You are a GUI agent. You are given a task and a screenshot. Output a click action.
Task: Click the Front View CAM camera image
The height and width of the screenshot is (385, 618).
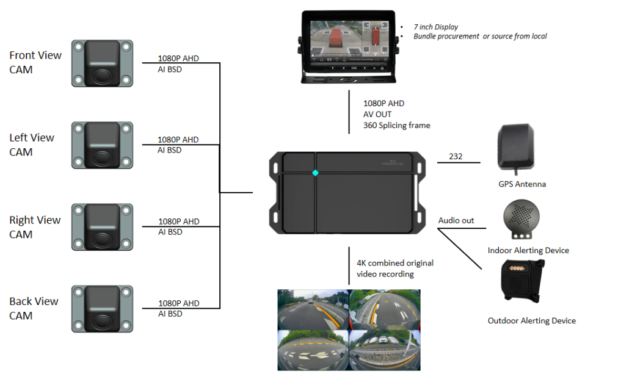point(102,63)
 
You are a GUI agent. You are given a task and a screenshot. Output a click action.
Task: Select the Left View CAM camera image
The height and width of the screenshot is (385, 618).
point(102,145)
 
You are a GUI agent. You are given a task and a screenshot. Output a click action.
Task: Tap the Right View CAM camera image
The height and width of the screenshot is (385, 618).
point(102,227)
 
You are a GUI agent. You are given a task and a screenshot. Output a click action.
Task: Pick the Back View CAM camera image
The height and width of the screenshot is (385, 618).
point(102,309)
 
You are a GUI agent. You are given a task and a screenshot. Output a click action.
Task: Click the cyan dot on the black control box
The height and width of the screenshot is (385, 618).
point(315,173)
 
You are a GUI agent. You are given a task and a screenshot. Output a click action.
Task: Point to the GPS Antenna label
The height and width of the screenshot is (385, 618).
point(518,184)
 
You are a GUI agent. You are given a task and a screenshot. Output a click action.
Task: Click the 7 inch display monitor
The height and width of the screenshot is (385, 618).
point(348,46)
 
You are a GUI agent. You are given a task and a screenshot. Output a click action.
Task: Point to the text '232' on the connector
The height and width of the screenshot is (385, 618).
point(456,157)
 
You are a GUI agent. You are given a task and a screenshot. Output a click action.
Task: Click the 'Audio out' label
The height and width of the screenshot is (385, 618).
point(456,220)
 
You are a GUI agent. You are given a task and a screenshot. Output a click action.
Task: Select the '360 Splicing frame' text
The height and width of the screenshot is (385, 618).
point(396,126)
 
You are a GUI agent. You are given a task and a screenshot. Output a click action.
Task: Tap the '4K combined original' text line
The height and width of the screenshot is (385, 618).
point(395,263)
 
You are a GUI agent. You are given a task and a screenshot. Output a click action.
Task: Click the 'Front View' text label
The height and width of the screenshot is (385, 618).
point(35,56)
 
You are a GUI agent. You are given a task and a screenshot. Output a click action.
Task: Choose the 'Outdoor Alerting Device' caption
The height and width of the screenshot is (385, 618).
point(531,320)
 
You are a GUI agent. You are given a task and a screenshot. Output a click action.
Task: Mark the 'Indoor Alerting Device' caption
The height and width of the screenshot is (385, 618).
point(528,250)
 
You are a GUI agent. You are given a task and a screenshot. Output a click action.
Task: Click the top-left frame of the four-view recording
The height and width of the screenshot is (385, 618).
point(313,309)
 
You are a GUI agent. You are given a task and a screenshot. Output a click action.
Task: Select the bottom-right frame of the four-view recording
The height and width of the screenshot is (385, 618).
point(385,350)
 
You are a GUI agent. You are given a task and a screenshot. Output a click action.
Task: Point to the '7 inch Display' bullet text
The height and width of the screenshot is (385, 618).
point(435,27)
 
